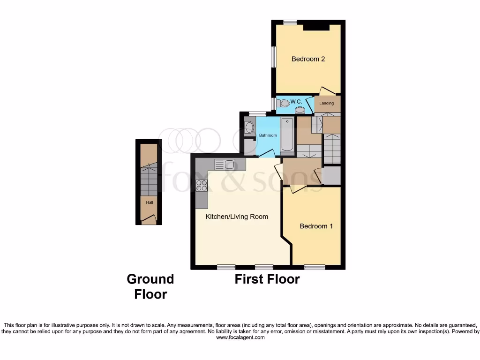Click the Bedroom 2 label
308,59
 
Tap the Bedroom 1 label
316,226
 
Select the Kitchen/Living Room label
237,217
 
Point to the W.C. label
296,102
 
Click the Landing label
327,103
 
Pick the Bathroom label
268,135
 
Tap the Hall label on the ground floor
150,202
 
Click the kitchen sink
225,164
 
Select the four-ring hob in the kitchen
202,185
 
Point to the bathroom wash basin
249,127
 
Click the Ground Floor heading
150,286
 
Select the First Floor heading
267,279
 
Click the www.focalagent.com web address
240,337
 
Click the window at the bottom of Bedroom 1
315,267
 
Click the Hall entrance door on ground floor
149,218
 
